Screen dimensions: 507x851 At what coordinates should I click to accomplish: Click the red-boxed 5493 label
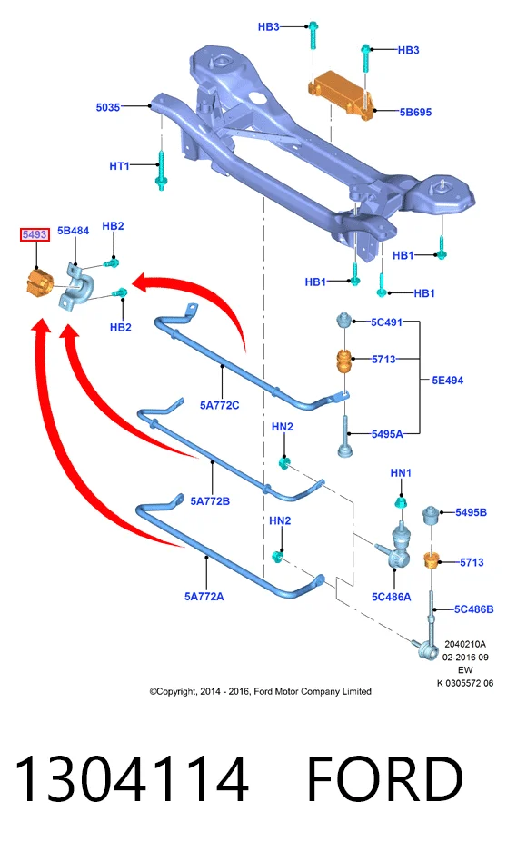(x=35, y=234)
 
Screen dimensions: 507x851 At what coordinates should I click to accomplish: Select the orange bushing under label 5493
(x=40, y=282)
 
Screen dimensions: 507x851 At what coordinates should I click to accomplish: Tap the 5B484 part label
(x=74, y=231)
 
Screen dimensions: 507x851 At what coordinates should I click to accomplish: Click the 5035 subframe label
(x=107, y=107)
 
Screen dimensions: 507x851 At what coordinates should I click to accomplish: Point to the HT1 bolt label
(x=119, y=165)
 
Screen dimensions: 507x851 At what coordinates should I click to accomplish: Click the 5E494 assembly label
(x=447, y=381)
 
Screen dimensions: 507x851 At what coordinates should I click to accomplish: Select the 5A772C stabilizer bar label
(x=219, y=405)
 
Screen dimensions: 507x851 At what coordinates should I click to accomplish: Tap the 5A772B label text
(x=210, y=501)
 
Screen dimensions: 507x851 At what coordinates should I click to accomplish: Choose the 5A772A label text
(x=204, y=597)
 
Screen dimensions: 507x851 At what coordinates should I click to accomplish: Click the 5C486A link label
(x=391, y=597)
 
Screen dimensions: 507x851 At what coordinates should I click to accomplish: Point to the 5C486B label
(x=474, y=609)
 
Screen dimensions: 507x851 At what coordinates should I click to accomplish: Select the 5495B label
(x=471, y=512)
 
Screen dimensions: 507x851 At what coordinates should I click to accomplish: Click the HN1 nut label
(x=401, y=473)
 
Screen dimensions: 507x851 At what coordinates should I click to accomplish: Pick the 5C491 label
(x=386, y=322)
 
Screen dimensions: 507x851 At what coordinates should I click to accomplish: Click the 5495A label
(x=387, y=434)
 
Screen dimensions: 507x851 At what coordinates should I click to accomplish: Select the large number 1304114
(x=132, y=779)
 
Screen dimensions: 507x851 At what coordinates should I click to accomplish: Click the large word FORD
(x=385, y=779)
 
